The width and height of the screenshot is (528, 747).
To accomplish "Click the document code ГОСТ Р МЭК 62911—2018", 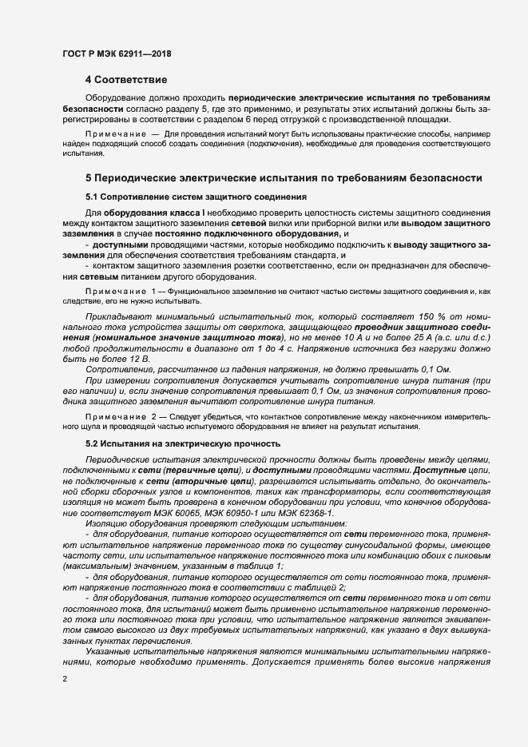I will click(x=117, y=54).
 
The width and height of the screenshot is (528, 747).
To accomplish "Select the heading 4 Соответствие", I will click(x=126, y=80).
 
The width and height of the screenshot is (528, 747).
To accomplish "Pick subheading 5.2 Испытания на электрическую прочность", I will click(x=183, y=442).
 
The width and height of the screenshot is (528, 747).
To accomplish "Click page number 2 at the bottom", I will click(x=64, y=679).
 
